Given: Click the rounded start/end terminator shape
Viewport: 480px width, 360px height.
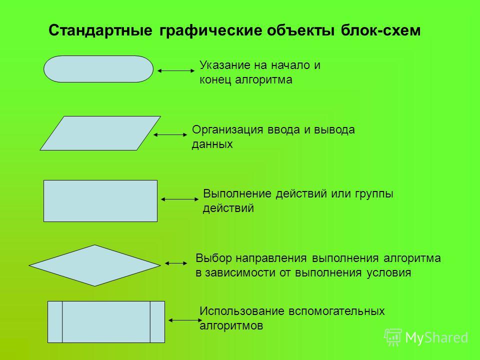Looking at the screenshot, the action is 98,69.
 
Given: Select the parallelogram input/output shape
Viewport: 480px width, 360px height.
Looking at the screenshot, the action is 100,133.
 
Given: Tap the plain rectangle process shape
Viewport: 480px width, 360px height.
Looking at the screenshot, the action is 100,201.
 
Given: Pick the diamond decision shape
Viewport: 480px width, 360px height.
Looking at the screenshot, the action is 94,265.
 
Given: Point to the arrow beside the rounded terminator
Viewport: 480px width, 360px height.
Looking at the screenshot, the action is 176,70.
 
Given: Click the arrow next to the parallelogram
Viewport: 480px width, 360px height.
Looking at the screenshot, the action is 170,134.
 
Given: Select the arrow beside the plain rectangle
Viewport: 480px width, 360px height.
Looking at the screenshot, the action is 179,199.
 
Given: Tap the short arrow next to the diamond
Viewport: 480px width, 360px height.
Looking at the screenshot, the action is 176,263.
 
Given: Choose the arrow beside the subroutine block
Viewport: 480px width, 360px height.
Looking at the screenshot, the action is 185,320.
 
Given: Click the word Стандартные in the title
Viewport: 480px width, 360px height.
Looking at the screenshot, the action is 100,30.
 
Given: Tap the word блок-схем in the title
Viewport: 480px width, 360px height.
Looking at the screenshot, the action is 380,30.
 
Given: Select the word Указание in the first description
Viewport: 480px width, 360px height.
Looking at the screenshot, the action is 224,65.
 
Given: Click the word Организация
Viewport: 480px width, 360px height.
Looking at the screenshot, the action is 227,130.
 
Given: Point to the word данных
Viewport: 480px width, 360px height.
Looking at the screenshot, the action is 212,144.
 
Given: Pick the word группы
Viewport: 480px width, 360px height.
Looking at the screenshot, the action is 374,194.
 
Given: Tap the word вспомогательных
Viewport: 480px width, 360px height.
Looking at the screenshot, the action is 336,311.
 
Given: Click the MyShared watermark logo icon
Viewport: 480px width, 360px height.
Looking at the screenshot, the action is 393,337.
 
